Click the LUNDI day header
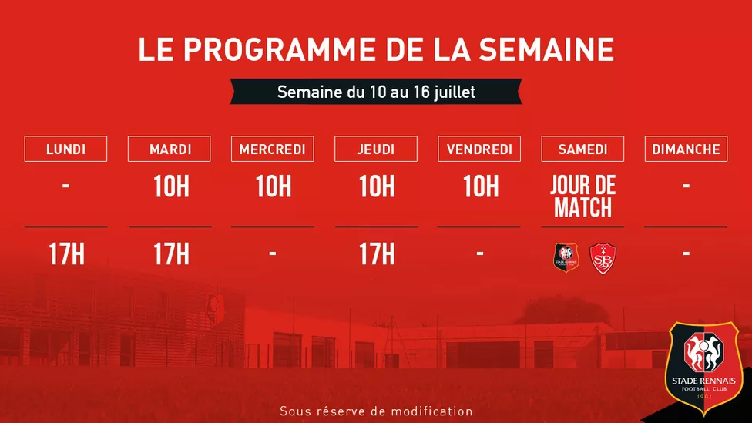tap(65, 149)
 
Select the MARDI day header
tap(170, 149)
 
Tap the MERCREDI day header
tap(273, 149)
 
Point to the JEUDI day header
tap(376, 149)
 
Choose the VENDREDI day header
tap(479, 149)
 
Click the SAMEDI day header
tap(582, 149)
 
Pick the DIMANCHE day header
tap(686, 149)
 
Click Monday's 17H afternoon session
tap(66, 254)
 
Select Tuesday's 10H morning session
tap(170, 186)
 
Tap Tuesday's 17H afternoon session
tap(170, 254)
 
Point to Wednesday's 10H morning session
tap(274, 186)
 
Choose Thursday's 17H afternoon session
tap(377, 254)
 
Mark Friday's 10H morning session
tap(480, 186)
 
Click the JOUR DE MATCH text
tap(582, 196)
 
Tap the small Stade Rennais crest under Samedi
tap(566, 258)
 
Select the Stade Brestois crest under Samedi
tap(603, 258)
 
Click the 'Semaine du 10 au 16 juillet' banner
tap(376, 92)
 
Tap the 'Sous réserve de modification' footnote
tap(376, 411)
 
